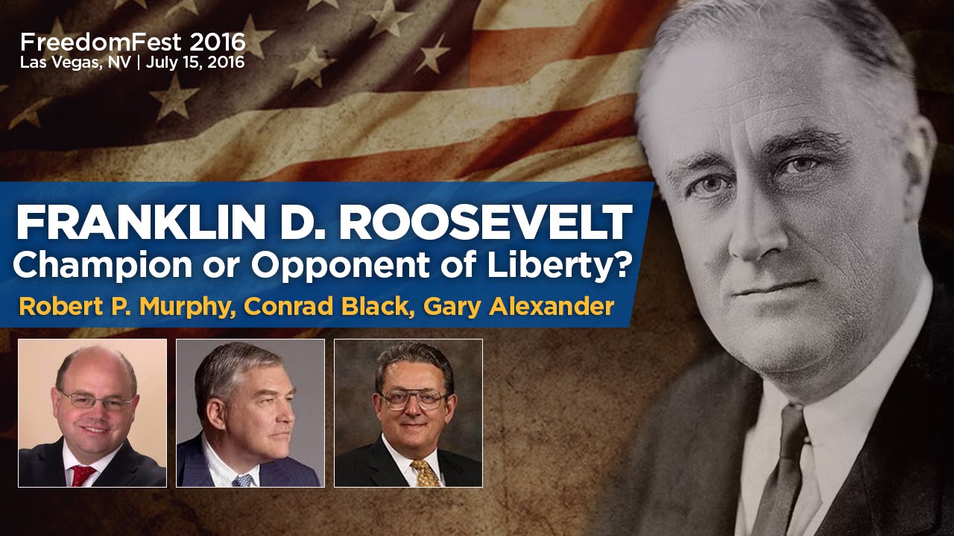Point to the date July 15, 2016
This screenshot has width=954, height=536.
point(195,63)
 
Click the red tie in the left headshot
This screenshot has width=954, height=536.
point(83,475)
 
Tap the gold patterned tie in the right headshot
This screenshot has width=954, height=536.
point(426,472)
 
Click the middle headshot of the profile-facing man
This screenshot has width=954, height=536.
point(250,413)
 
